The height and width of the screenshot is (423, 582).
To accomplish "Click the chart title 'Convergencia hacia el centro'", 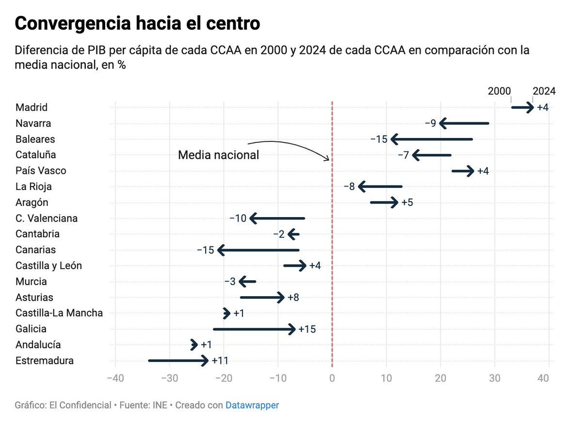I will coord(137,23).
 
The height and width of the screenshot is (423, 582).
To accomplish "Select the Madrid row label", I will coord(32,107).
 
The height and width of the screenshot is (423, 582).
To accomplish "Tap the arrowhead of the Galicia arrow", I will coord(292,329).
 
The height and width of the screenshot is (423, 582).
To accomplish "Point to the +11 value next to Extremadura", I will coord(220,361).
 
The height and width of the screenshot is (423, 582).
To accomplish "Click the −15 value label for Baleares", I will coord(379,139).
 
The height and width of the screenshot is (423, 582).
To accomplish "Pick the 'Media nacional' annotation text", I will coord(218,155).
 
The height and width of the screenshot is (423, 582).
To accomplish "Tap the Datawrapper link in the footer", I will coord(252,405).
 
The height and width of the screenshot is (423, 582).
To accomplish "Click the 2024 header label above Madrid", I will coord(544,91).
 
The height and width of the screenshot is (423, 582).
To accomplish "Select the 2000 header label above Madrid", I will coord(500,91).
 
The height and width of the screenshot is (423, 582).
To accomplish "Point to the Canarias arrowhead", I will coord(221,250).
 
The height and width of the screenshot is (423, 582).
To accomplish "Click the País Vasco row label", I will coord(41,171).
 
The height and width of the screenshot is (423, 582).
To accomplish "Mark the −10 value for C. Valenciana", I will coord(238,219).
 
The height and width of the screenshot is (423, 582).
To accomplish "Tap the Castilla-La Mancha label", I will coord(59,313).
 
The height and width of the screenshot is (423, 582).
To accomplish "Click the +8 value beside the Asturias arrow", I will coord(293,298).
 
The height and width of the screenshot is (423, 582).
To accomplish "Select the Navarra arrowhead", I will coord(442,123).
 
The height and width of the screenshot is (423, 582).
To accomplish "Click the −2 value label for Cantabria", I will coord(279,235).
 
